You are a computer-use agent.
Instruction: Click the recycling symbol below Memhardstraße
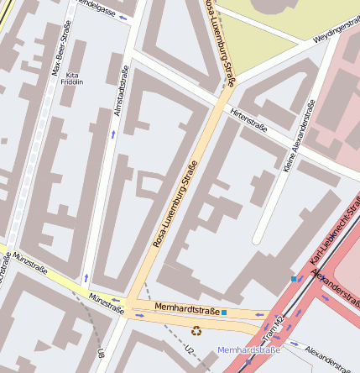point(196,331)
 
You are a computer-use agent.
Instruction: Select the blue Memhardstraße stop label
point(248,349)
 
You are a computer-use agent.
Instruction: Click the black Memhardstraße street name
point(181,310)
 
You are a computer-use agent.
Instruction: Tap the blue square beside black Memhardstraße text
point(224,313)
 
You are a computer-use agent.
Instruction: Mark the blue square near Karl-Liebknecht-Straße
point(294,278)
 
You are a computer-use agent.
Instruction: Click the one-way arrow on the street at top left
point(125,18)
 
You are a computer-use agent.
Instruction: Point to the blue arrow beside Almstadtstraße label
point(113,134)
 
